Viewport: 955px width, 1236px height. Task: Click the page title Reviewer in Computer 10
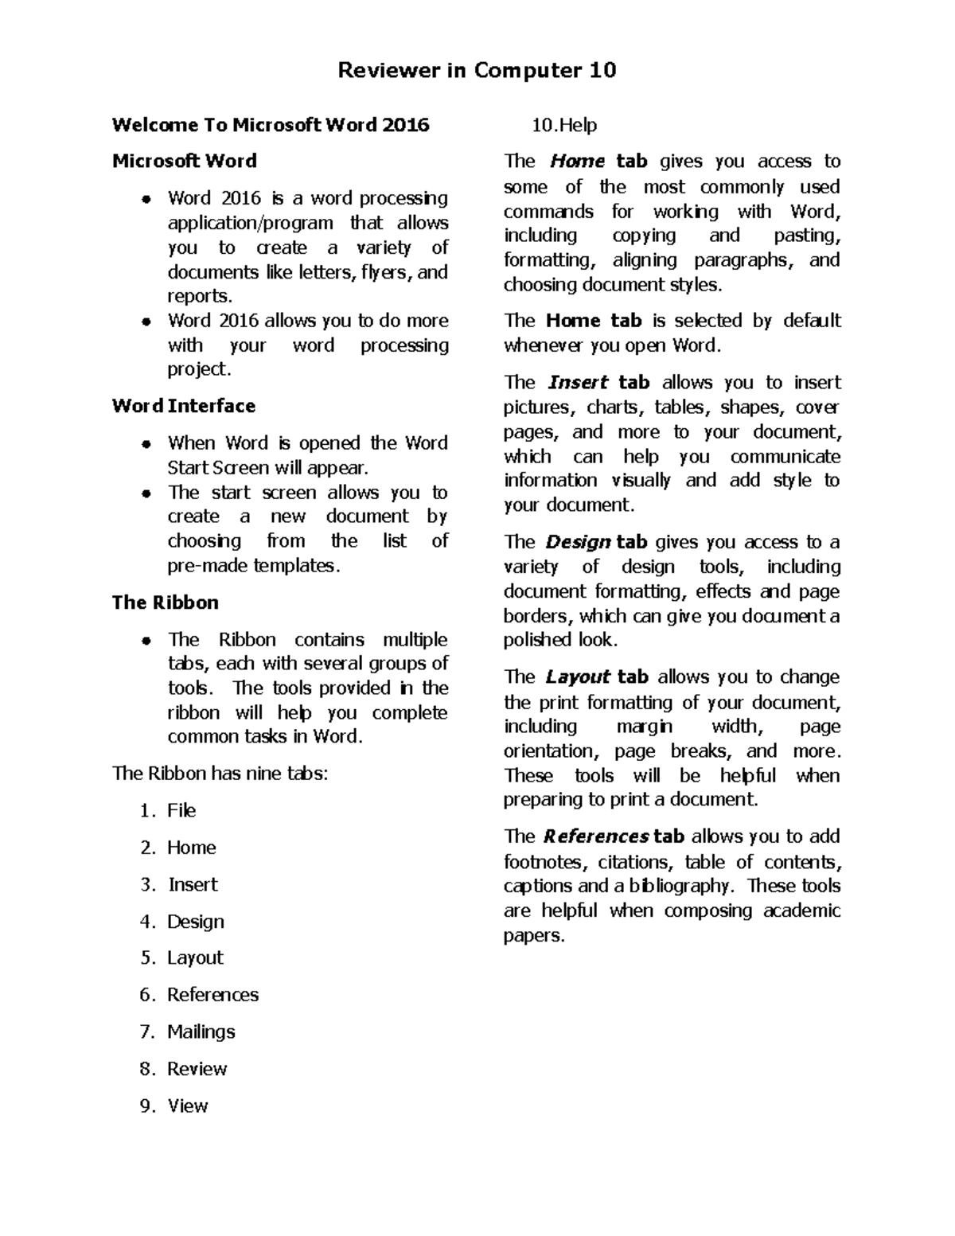click(477, 71)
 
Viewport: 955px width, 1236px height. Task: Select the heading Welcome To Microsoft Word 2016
click(271, 125)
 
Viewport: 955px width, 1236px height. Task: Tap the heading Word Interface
click(184, 406)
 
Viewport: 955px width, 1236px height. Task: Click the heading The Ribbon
click(165, 602)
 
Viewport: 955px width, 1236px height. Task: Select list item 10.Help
click(564, 125)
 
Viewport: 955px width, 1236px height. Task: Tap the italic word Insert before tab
click(579, 383)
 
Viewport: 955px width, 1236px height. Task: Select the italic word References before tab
click(596, 836)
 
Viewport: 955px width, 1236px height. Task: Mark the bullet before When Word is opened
click(146, 444)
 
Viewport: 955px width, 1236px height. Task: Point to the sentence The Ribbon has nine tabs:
click(220, 774)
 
